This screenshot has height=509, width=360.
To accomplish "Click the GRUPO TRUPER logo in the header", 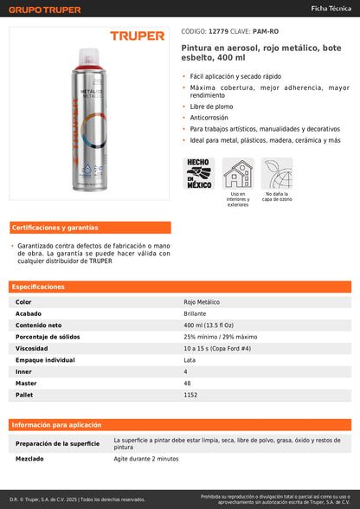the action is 45,10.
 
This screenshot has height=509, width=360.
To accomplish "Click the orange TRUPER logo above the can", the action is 136,35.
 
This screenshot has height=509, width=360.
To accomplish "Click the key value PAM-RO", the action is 265,30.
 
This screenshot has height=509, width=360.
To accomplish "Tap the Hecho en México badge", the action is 198,173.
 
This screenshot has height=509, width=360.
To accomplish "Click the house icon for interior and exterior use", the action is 238,172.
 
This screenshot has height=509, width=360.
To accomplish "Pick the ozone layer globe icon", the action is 277,172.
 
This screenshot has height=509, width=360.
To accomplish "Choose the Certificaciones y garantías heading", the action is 55,228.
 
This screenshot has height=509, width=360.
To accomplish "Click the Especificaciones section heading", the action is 38,287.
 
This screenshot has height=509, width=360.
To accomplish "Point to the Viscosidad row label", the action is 31,348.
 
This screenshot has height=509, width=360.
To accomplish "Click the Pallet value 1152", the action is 191,395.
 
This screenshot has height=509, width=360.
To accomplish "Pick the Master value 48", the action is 187,383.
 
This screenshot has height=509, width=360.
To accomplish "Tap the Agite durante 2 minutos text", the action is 146,459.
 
